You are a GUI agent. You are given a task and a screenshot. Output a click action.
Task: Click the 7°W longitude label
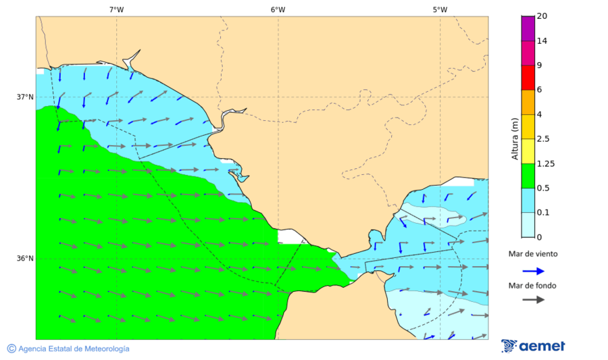pos(116,9)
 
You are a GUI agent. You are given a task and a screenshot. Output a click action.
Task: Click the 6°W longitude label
pos(278,9)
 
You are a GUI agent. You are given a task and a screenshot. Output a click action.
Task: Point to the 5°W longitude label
pos(440,9)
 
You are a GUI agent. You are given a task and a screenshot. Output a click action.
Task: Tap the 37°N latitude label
pos(25,97)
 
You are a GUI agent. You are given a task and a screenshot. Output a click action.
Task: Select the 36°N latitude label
pos(25,258)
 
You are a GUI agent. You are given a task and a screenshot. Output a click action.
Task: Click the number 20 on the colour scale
pos(542,16)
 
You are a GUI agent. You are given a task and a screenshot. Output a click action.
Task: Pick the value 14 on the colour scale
pos(542,41)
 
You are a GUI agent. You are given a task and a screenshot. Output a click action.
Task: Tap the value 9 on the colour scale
pos(540,66)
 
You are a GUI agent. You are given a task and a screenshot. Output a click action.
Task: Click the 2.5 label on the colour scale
pos(542,139)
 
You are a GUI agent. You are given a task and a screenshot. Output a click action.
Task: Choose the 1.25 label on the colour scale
pos(544,163)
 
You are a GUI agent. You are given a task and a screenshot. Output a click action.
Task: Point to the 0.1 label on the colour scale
pos(542,213)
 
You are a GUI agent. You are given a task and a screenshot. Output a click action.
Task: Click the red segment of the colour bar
pos(528,78)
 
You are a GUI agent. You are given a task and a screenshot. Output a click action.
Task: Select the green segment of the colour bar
pos(528,176)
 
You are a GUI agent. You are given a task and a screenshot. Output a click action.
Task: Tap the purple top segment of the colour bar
pos(528,28)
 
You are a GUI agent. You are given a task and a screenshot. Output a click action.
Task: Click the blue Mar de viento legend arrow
pos(533,271)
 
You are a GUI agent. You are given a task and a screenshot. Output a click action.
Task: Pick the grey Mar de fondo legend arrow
pos(533,299)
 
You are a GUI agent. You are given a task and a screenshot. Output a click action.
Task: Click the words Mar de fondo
pos(532,286)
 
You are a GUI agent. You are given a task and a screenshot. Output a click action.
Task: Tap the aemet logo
pos(533,346)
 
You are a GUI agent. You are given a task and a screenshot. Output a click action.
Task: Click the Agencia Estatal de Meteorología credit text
pos(68,349)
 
